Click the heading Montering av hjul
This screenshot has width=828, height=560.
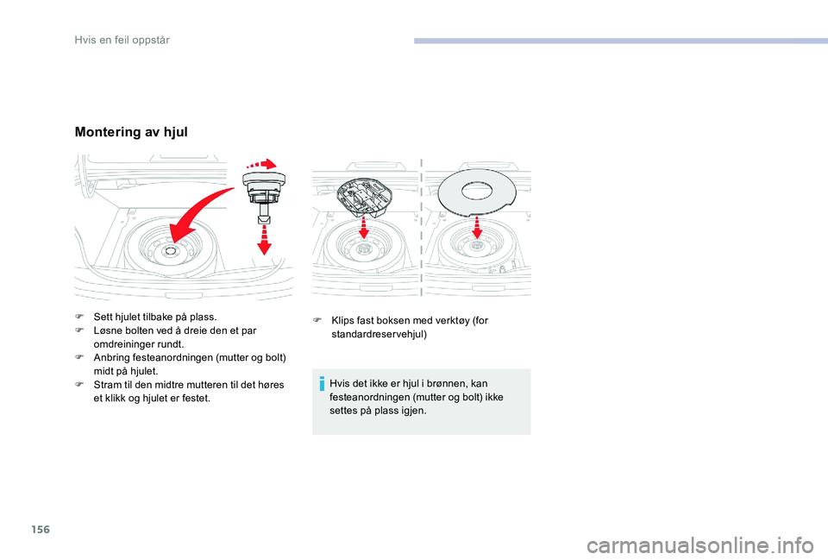point(131,131)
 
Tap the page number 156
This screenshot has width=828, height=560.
point(41,529)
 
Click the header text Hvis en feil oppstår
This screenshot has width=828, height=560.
point(122,41)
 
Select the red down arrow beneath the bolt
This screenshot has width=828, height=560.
point(264,239)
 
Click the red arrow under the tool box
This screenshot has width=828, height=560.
point(364,227)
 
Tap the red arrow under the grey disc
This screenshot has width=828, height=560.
point(477,227)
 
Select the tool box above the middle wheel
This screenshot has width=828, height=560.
point(364,196)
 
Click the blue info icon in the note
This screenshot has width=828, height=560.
point(322,384)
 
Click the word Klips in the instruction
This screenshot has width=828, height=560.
point(342,321)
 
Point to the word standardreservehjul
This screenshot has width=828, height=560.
point(379,335)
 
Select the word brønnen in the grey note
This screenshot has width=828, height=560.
point(448,384)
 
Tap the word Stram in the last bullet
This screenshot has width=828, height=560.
point(106,385)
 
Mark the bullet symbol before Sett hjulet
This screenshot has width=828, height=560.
point(79,317)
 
